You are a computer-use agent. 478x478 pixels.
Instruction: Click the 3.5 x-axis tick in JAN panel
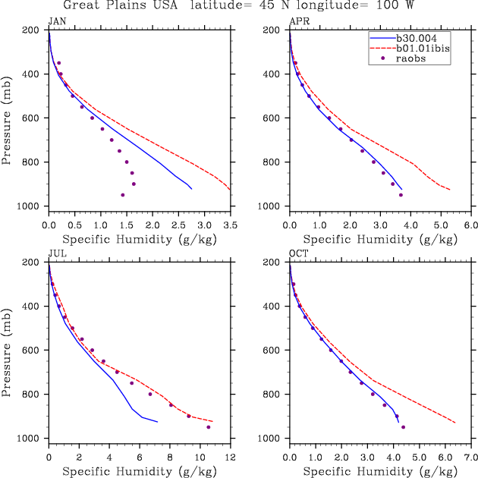click(x=231, y=225)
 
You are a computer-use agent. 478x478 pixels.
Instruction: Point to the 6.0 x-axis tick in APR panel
click(x=470, y=225)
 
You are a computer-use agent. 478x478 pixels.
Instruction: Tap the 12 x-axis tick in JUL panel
click(x=231, y=458)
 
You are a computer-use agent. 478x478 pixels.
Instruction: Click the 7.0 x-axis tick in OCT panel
click(x=470, y=458)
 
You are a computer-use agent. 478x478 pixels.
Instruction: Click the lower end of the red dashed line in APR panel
click(x=450, y=190)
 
